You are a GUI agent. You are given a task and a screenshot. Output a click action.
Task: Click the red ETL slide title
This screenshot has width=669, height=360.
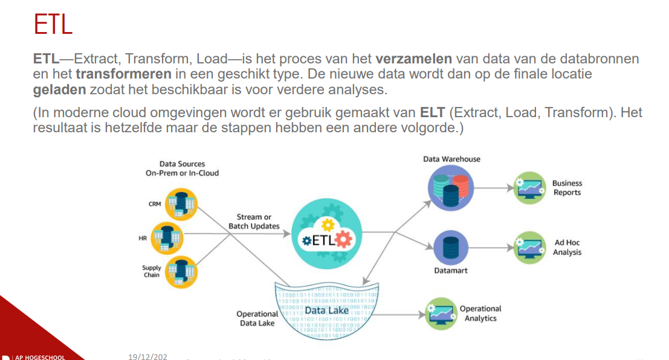click(53, 25)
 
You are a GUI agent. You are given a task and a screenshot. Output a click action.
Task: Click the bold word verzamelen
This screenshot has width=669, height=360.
click(414, 59)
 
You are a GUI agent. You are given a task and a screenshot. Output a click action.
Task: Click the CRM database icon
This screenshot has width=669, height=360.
click(181, 204)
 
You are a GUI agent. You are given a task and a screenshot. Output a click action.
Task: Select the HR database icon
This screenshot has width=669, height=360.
click(167, 238)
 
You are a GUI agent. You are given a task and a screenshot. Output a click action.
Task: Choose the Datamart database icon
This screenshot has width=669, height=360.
click(451, 248)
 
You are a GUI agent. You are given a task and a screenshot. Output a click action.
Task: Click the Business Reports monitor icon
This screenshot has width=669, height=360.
click(529, 188)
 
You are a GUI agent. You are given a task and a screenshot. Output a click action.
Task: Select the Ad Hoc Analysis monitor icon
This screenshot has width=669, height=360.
click(529, 247)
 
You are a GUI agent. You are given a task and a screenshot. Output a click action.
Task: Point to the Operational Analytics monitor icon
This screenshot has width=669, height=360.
click(441, 313)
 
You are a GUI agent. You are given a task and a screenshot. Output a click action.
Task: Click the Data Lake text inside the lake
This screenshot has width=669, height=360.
click(326, 310)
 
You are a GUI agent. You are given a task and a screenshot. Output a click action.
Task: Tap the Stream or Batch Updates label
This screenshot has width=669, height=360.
click(254, 222)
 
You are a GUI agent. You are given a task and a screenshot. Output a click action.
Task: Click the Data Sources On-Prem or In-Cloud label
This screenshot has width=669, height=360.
click(182, 168)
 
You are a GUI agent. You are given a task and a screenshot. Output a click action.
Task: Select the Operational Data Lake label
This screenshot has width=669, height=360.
click(257, 318)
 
